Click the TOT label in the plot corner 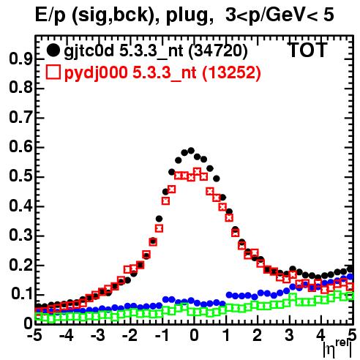point(308,50)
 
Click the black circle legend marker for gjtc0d point(53,50)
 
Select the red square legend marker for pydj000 point(53,72)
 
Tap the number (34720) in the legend point(218,50)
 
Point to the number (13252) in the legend point(231,72)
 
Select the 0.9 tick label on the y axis point(20,59)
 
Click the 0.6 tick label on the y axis point(20,147)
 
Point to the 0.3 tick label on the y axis point(20,236)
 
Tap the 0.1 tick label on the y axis point(21,294)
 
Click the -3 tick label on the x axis point(97,336)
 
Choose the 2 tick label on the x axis point(258,336)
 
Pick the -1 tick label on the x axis point(162,336)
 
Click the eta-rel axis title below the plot point(338,349)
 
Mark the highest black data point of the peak point(191,151)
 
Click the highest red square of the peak point(197,171)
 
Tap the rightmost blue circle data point point(350,277)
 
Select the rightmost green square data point point(350,296)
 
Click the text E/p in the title point(50,15)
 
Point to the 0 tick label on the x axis point(194,336)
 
